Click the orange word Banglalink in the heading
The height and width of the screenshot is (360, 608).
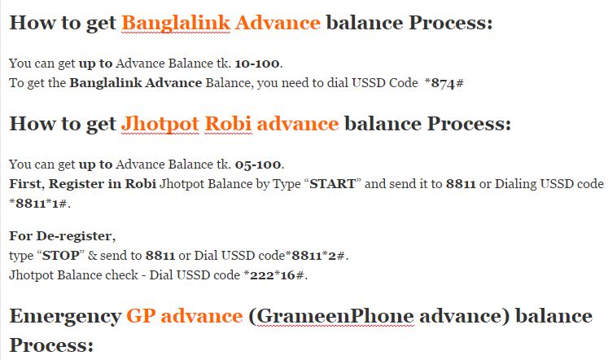point(174,23)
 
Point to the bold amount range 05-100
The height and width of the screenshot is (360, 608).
point(259,164)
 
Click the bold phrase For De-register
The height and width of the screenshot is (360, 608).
point(63,236)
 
